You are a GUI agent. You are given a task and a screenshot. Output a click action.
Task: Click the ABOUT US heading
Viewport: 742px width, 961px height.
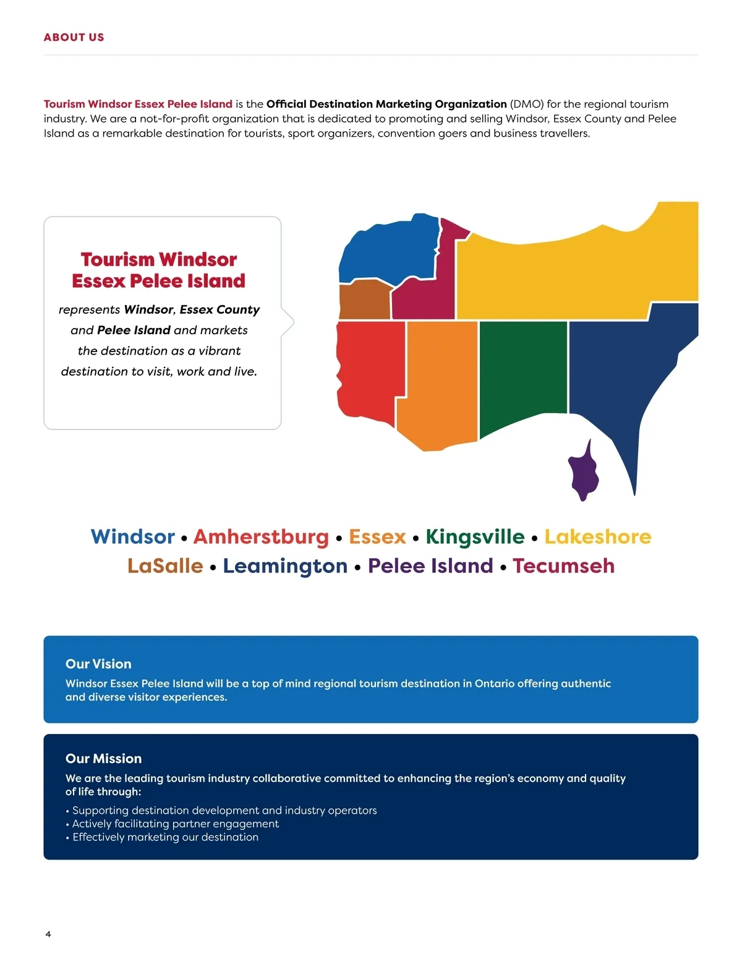point(74,37)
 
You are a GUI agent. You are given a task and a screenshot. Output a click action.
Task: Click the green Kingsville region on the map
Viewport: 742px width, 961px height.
point(522,371)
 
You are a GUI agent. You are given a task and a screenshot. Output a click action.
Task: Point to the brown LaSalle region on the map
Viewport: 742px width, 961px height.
point(365,301)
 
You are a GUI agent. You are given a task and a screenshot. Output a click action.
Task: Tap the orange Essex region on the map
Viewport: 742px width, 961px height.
point(439,384)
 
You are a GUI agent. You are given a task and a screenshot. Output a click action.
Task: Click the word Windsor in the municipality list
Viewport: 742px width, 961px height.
point(133,537)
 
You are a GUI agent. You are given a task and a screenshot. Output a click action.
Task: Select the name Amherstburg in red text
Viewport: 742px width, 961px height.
point(261,537)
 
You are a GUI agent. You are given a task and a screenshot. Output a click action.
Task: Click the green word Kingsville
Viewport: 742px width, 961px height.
point(475,537)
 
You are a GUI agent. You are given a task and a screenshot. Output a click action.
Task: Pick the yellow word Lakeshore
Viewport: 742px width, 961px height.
point(597,537)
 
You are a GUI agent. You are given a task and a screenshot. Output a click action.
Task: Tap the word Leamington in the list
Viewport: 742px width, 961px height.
point(285,566)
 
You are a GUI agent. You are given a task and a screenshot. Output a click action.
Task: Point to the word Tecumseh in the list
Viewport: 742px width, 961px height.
point(563,566)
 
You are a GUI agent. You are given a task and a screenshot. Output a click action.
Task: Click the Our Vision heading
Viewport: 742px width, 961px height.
point(98,664)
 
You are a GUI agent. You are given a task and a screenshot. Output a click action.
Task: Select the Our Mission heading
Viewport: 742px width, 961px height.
point(103,759)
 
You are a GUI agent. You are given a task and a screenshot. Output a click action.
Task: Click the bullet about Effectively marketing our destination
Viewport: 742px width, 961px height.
point(165,837)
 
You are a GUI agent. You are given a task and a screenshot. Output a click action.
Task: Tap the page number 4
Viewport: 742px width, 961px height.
point(48,934)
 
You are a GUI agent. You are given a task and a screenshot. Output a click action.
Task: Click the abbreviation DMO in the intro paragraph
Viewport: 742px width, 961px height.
point(526,104)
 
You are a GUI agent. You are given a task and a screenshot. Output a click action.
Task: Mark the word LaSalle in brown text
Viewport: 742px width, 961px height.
point(165,566)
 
